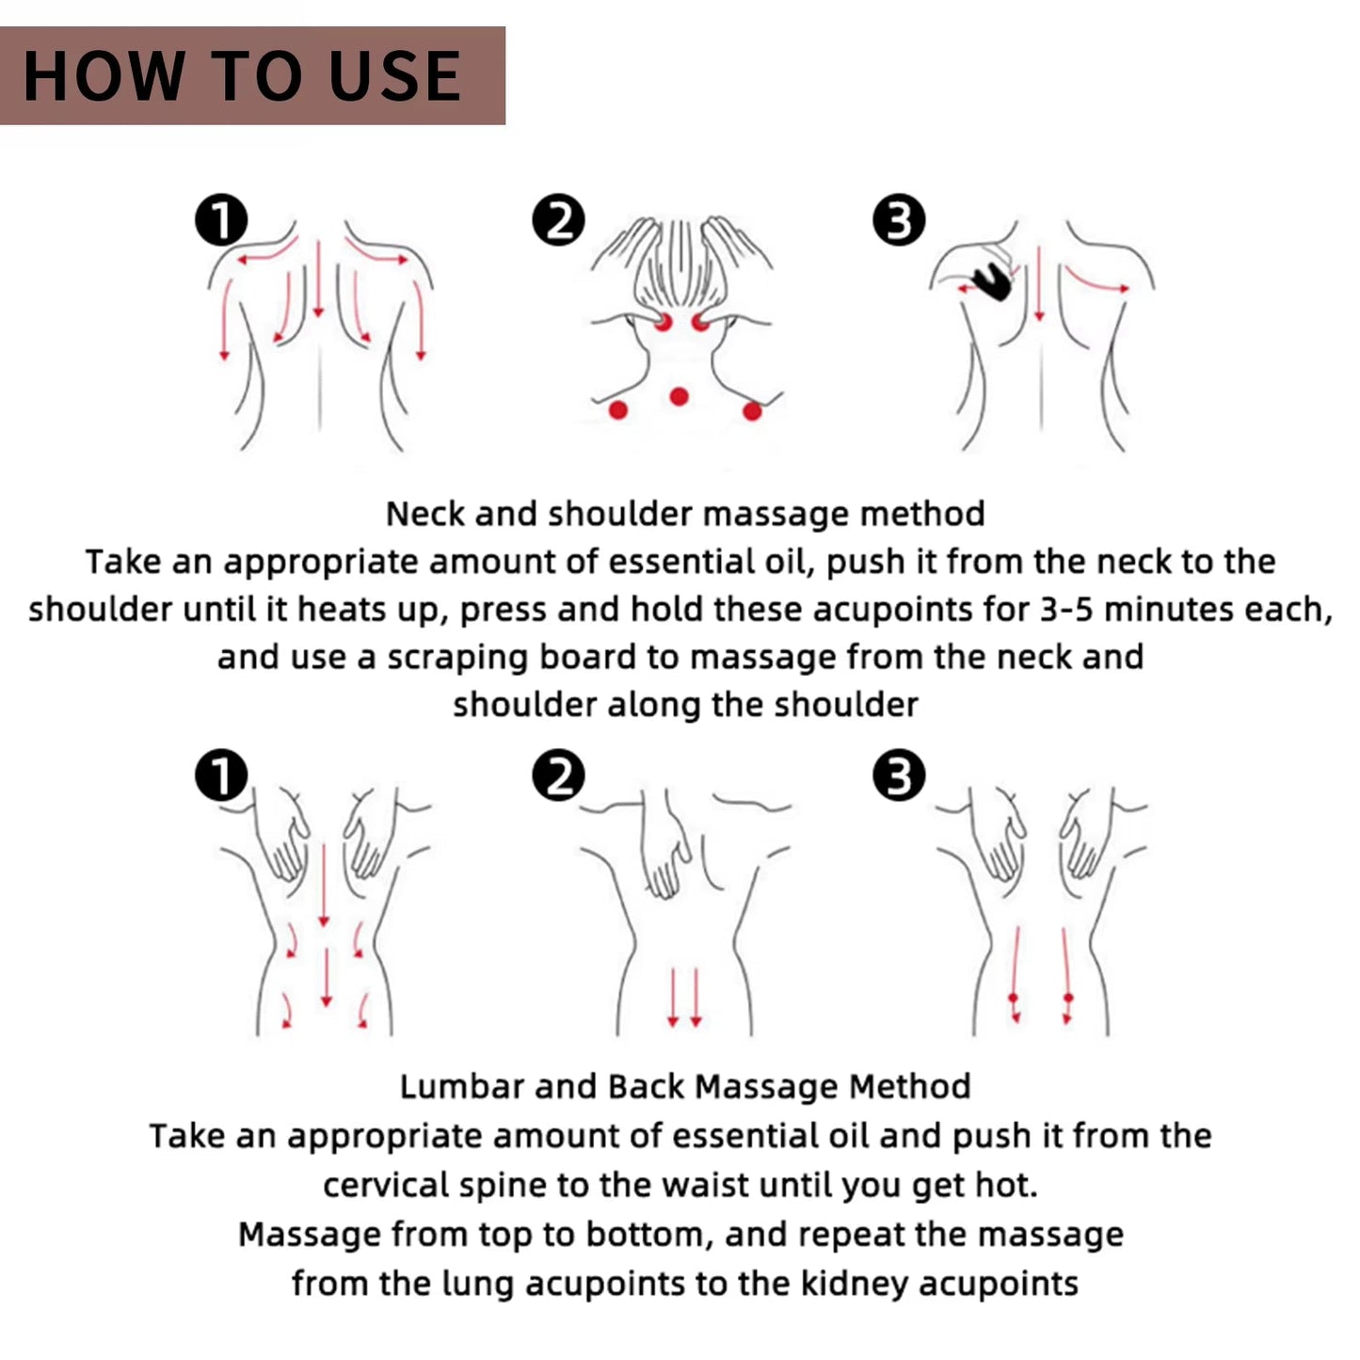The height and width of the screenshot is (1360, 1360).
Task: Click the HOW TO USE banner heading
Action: pyautogui.click(x=243, y=76)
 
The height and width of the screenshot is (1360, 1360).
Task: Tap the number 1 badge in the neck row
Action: pyautogui.click(x=221, y=221)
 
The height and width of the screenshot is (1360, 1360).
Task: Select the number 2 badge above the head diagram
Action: pyautogui.click(x=558, y=221)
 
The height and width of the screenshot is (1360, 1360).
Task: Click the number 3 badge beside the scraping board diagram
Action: pyautogui.click(x=899, y=221)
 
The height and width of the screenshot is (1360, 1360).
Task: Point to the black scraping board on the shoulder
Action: pyautogui.click(x=992, y=280)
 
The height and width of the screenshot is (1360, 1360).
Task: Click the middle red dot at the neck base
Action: pyautogui.click(x=679, y=396)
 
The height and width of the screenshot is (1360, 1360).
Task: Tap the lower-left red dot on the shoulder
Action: pyautogui.click(x=618, y=409)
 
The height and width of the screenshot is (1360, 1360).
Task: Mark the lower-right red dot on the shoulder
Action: pyautogui.click(x=752, y=410)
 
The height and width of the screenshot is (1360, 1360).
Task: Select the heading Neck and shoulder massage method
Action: pyautogui.click(x=685, y=514)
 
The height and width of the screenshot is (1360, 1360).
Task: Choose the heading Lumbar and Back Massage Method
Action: pyautogui.click(x=685, y=1087)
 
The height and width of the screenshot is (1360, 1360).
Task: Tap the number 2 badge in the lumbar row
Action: pyautogui.click(x=558, y=777)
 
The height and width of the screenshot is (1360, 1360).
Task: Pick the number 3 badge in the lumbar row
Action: pyautogui.click(x=899, y=777)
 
